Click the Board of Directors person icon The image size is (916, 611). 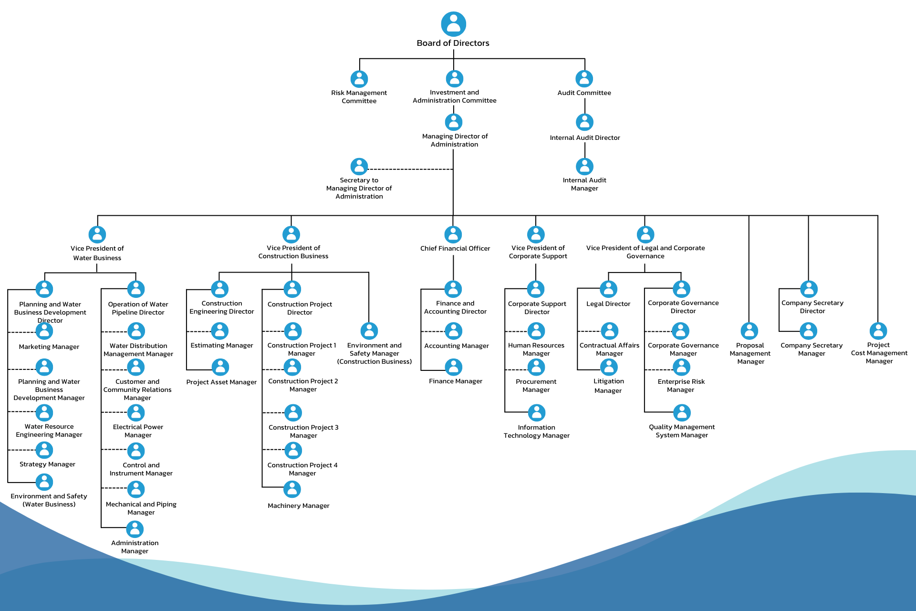tap(453, 24)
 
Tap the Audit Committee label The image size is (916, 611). tap(584, 93)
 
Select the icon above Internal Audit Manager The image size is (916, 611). tap(584, 167)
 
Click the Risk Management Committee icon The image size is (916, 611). tap(359, 79)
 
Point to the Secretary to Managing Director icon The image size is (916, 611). tap(359, 167)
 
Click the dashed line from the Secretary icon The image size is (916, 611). tap(410, 169)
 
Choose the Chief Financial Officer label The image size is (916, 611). tap(455, 248)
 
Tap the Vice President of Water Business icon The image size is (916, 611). tap(97, 234)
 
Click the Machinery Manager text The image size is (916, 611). tap(298, 506)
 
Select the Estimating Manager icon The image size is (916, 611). tap(220, 331)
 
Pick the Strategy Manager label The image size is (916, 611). tap(47, 464)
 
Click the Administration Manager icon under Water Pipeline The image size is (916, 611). tap(135, 529)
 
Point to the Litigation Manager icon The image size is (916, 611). tap(609, 367)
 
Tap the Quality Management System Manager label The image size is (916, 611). tap(681, 431)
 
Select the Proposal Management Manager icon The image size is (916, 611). tap(749, 331)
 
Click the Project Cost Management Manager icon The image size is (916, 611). tap(878, 331)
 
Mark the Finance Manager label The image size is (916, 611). tap(455, 381)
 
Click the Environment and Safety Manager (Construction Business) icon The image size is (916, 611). tap(369, 331)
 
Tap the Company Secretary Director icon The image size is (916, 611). tap(809, 289)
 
